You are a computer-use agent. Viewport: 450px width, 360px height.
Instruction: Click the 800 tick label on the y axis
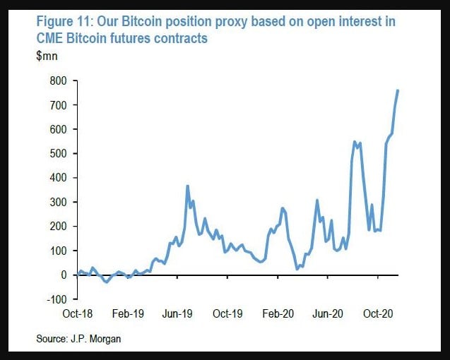point(57,81)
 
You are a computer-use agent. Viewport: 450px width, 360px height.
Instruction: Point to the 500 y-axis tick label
point(57,154)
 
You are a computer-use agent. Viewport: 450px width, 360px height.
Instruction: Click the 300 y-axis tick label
point(57,203)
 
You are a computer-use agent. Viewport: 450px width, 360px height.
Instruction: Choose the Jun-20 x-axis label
point(328,313)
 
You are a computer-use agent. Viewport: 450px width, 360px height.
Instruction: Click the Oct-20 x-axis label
point(379,313)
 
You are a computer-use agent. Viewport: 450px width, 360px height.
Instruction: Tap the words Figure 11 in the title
point(66,22)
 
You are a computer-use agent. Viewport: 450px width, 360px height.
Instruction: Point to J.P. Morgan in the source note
point(96,340)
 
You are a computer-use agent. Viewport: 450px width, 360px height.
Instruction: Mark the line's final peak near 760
point(398,90)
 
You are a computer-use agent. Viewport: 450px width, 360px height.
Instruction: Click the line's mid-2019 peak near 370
point(187,186)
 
